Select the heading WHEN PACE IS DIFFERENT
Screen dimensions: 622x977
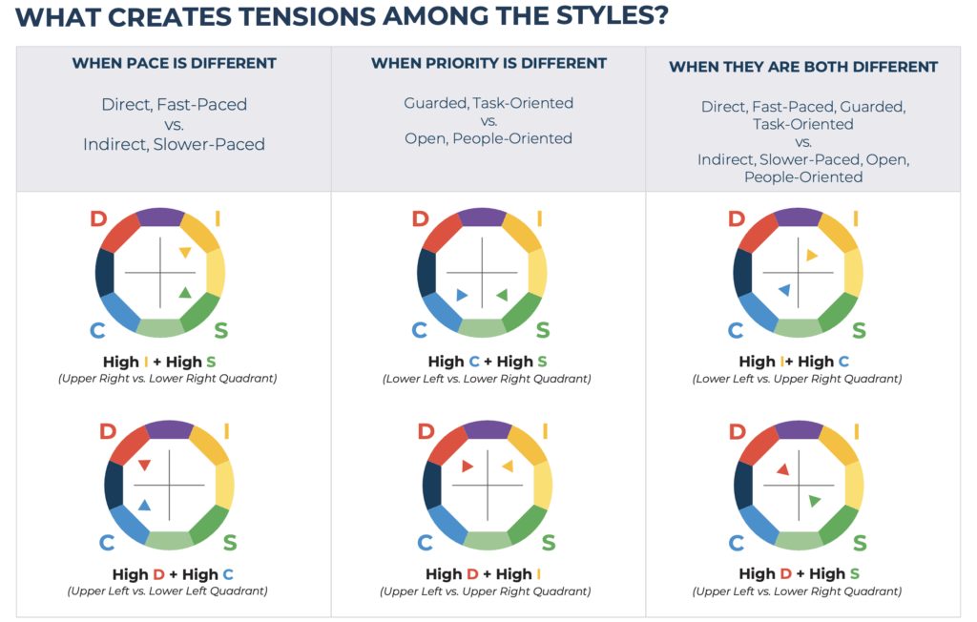pos(174,64)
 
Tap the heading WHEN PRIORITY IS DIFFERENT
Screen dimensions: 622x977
pos(488,63)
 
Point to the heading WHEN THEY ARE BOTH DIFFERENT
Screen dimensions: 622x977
pos(802,67)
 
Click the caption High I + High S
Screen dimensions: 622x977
pos(160,362)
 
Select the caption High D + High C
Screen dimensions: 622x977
pos(173,574)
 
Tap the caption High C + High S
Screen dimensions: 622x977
pos(487,362)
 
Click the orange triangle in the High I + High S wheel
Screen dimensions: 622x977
pos(185,253)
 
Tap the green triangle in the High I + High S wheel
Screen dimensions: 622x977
pos(185,293)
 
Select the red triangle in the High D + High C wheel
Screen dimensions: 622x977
pos(144,466)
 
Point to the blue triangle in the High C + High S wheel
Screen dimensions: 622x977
pos(462,295)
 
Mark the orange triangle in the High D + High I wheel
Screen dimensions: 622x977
pos(507,466)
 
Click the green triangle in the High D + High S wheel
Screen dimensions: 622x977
pos(814,501)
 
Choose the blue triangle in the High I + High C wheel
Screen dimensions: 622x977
pos(784,289)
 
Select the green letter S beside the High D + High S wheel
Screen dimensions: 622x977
pos(859,544)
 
